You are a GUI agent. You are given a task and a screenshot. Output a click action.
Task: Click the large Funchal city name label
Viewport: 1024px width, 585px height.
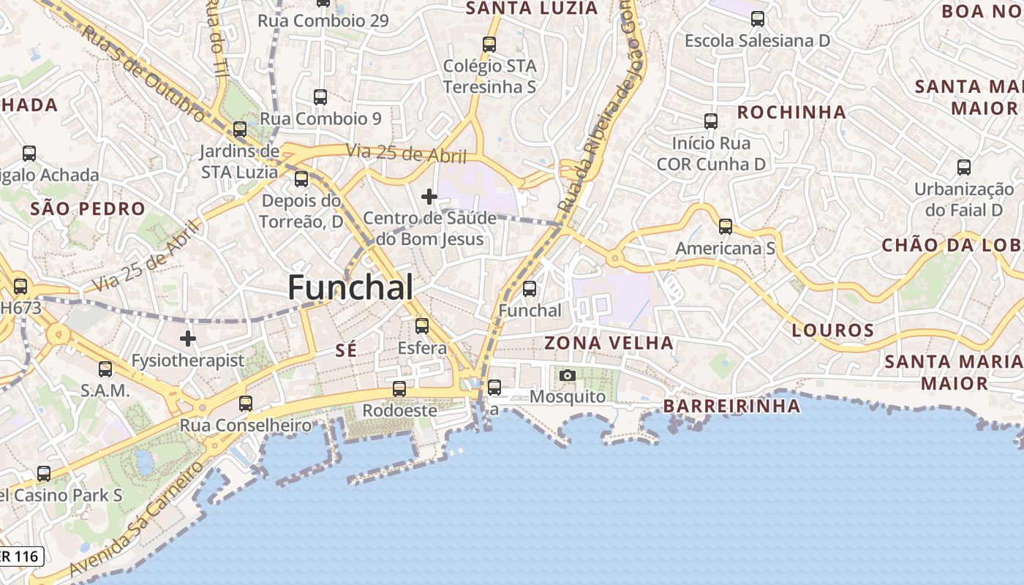click(x=350, y=287)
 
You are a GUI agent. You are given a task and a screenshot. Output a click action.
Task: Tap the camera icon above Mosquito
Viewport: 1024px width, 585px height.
click(x=567, y=376)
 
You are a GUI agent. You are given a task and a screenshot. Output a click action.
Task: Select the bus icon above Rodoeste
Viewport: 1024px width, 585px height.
click(x=399, y=389)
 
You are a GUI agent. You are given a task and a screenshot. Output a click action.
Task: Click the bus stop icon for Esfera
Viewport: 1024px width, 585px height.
click(x=421, y=326)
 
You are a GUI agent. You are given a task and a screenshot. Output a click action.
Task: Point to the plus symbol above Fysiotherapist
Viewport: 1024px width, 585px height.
click(x=188, y=339)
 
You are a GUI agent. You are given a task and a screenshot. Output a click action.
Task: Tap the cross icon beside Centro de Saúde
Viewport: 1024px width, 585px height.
click(x=429, y=197)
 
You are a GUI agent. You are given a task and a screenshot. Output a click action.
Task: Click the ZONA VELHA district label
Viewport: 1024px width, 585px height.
click(x=609, y=343)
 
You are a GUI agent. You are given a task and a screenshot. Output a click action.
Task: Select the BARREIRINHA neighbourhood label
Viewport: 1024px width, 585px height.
click(x=731, y=406)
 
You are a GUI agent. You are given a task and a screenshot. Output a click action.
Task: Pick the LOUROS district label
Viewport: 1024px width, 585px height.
click(x=832, y=331)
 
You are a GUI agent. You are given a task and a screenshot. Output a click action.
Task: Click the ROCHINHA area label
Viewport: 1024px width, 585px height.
click(x=791, y=113)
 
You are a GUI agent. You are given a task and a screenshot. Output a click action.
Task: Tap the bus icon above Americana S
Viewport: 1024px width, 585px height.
click(x=725, y=227)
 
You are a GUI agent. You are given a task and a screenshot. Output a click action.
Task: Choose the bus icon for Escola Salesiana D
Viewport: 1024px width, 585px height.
click(x=758, y=19)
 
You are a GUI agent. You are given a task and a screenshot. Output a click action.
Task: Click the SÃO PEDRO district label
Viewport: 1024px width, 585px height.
click(x=88, y=209)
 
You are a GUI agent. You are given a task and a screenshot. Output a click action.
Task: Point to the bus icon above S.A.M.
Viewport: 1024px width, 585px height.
click(x=105, y=369)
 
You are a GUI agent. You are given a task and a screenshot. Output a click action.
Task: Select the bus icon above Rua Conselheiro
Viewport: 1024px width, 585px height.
click(x=246, y=403)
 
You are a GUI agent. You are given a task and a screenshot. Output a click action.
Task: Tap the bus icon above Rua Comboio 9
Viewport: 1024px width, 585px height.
click(x=320, y=97)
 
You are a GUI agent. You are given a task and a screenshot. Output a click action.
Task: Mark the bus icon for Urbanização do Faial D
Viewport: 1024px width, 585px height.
click(x=964, y=167)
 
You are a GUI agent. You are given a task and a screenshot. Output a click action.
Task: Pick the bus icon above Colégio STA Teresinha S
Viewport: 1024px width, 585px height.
click(x=489, y=45)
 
